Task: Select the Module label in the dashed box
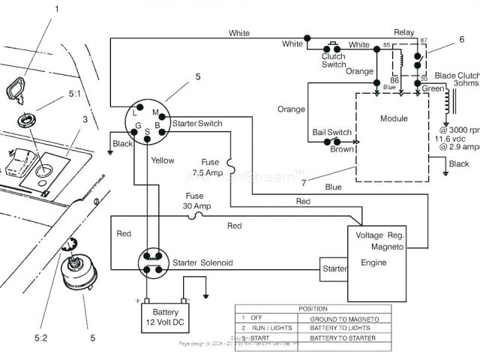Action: click(394, 118)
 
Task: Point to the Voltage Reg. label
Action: click(380, 235)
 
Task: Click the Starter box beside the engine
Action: click(334, 268)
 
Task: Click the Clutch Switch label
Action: click(334, 61)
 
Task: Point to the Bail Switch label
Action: click(331, 133)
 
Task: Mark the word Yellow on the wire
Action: click(163, 160)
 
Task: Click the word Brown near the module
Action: click(342, 149)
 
